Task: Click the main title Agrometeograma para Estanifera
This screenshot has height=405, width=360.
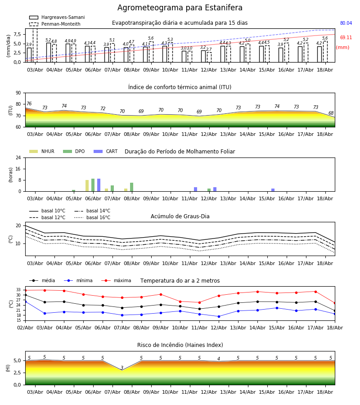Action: tap(180, 8)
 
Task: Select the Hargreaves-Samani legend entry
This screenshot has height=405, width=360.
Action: tap(57, 17)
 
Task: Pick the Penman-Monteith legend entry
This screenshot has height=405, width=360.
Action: tap(55, 24)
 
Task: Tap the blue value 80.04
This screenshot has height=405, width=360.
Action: tap(346, 23)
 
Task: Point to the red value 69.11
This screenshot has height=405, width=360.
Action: tap(346, 37)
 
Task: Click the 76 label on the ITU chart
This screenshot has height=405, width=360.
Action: tap(29, 103)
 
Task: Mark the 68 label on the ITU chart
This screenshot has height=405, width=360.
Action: tap(331, 113)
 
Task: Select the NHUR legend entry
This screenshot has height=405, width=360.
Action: tap(42, 151)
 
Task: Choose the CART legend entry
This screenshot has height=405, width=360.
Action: tap(106, 151)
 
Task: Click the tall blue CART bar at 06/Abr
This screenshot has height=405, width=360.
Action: tap(99, 185)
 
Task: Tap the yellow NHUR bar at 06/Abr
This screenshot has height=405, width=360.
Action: tap(87, 186)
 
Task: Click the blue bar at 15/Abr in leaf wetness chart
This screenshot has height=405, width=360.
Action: tap(273, 190)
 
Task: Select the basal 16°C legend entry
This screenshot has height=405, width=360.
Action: tap(92, 217)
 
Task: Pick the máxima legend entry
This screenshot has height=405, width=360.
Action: tap(116, 280)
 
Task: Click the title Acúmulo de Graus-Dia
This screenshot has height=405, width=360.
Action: tap(180, 216)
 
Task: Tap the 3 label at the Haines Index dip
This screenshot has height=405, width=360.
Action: tap(122, 368)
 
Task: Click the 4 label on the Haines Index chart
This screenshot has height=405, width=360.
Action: tap(219, 359)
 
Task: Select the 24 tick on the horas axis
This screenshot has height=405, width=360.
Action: tap(18, 157)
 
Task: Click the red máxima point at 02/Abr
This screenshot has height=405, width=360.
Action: tap(25, 291)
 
